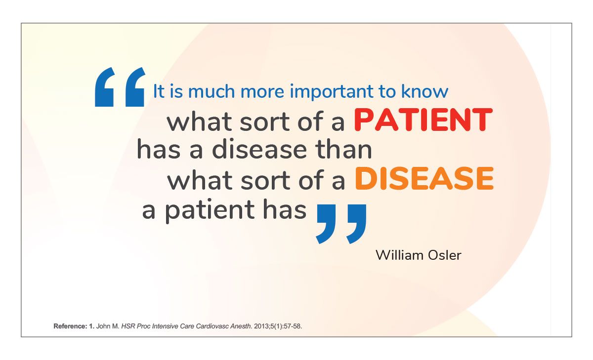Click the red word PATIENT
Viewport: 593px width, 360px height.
tap(423, 120)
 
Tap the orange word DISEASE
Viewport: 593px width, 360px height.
tap(424, 178)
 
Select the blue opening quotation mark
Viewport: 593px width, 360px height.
tap(120, 87)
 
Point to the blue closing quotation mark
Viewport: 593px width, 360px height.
tap(341, 224)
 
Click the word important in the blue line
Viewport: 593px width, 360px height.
tap(332, 92)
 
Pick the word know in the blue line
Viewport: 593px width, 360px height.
tap(424, 91)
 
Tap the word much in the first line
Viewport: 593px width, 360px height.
tap(212, 91)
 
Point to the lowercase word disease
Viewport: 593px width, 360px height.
tap(259, 149)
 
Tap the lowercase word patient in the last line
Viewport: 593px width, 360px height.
tap(210, 211)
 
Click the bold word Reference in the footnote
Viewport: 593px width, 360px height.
tap(70, 326)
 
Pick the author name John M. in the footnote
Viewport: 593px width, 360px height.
tap(108, 326)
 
